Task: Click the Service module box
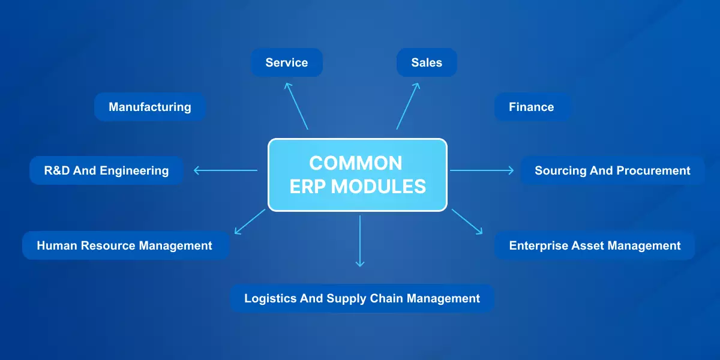pos(286,62)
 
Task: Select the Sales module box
pos(427,62)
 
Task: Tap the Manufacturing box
pos(150,107)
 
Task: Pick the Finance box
pos(532,107)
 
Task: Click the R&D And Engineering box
pos(106,170)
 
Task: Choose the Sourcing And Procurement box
pos(612,170)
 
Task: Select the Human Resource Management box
pos(125,245)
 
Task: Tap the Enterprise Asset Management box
pos(595,245)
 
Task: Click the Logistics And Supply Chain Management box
pos(362,298)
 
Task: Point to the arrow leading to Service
pos(296,106)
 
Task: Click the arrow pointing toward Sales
pos(408,106)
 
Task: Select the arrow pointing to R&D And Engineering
pos(225,170)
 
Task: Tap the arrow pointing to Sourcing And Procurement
pos(482,170)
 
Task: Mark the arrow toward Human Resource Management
pos(250,221)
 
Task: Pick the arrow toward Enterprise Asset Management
pos(467,221)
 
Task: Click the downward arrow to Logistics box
pos(360,240)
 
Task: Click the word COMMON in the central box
pos(356,163)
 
